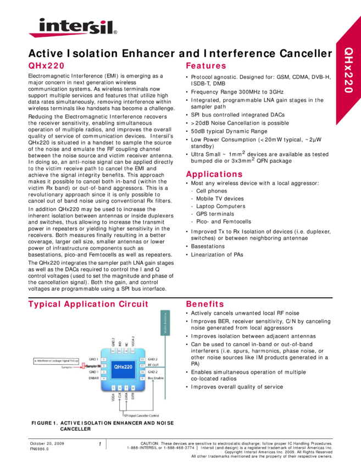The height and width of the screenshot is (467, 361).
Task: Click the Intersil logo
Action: [x=73, y=27]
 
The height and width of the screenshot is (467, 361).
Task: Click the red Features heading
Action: [x=206, y=66]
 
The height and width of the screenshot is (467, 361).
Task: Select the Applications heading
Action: [x=214, y=175]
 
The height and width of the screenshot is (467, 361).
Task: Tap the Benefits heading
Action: [x=204, y=304]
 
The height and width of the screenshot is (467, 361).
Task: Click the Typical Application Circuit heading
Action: [x=88, y=304]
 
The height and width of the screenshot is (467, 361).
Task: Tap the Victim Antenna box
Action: [x=164, y=323]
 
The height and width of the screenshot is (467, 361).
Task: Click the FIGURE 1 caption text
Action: [x=102, y=424]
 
